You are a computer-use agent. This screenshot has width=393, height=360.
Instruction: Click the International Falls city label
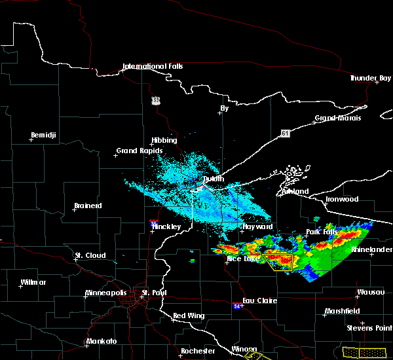[x=153, y=66]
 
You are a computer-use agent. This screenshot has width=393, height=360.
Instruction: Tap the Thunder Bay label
[x=370, y=78]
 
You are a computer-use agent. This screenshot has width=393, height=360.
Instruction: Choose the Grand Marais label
[x=338, y=118]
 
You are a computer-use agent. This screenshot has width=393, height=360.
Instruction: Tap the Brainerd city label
[x=88, y=206]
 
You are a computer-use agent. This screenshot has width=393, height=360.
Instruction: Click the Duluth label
[x=213, y=179]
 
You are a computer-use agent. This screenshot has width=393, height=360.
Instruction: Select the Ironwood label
[x=343, y=199]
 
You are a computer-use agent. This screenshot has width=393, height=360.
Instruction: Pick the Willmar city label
[x=33, y=282]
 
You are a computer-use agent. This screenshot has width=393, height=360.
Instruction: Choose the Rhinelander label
[x=371, y=249]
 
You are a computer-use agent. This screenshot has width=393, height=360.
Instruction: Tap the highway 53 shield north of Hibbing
[x=155, y=100]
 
